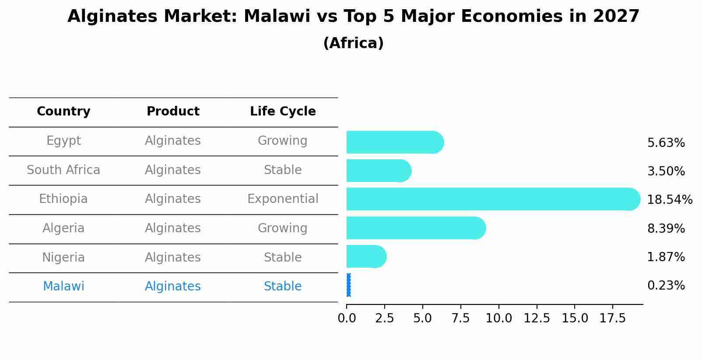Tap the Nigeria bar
coord(366,256)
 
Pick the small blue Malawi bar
coord(348,285)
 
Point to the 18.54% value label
coord(669,200)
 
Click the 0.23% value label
coord(666,286)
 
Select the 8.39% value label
coord(666,228)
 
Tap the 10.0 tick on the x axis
coord(498,318)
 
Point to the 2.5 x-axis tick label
coord(385,318)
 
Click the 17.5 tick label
coord(613,318)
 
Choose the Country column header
coord(63,112)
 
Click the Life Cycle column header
coord(283,112)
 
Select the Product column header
coord(173,112)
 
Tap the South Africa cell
coord(63,170)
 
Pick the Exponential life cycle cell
coord(283,199)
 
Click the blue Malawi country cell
coord(63,287)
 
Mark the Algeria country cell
coord(63,228)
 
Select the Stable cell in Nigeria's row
coord(283,257)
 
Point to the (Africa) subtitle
coord(353,43)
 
